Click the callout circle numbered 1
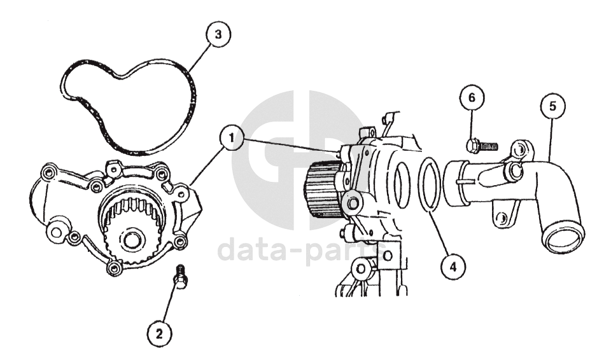tap(232, 138)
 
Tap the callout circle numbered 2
tap(160, 334)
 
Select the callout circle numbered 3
tap(218, 34)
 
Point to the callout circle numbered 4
tap(453, 267)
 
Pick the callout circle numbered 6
tap(472, 98)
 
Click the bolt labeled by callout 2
tap(180, 277)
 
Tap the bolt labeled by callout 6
tap(482, 146)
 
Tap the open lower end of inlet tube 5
tap(563, 239)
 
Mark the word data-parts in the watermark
tap(300, 249)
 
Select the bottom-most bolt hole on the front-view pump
tap(114, 268)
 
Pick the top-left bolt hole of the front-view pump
tap(48, 174)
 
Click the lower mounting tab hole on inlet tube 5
tap(501, 218)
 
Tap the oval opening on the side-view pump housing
tap(401, 185)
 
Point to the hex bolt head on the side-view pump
tap(353, 204)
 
